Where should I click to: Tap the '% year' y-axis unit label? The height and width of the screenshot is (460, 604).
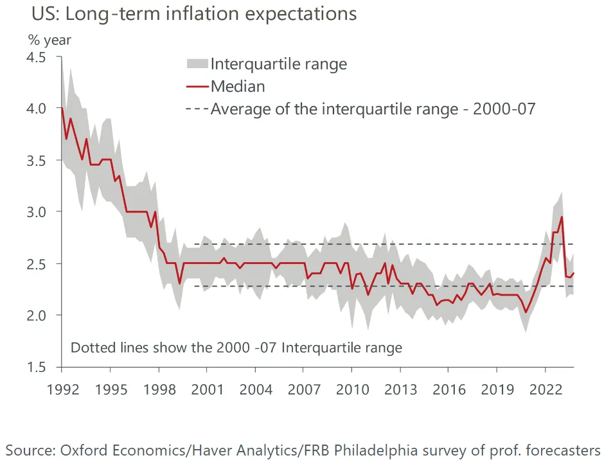49,40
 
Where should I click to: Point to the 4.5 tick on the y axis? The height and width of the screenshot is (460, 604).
36,57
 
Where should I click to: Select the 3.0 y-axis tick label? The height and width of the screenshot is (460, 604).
36,212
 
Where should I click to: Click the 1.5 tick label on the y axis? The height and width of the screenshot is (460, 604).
36,367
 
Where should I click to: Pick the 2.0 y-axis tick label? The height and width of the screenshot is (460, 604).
36,315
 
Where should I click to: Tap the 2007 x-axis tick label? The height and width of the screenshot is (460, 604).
304,389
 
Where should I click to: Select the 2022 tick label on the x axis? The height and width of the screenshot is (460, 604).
545,389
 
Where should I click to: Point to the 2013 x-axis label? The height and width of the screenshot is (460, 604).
400,389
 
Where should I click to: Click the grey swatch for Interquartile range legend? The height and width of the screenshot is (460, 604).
197,64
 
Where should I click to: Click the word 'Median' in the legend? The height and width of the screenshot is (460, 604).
238,86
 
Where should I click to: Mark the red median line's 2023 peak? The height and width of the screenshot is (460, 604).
562,217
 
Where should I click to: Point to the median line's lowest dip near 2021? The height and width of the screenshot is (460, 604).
526,312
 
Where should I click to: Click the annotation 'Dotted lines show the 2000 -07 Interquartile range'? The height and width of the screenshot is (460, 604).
236,348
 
